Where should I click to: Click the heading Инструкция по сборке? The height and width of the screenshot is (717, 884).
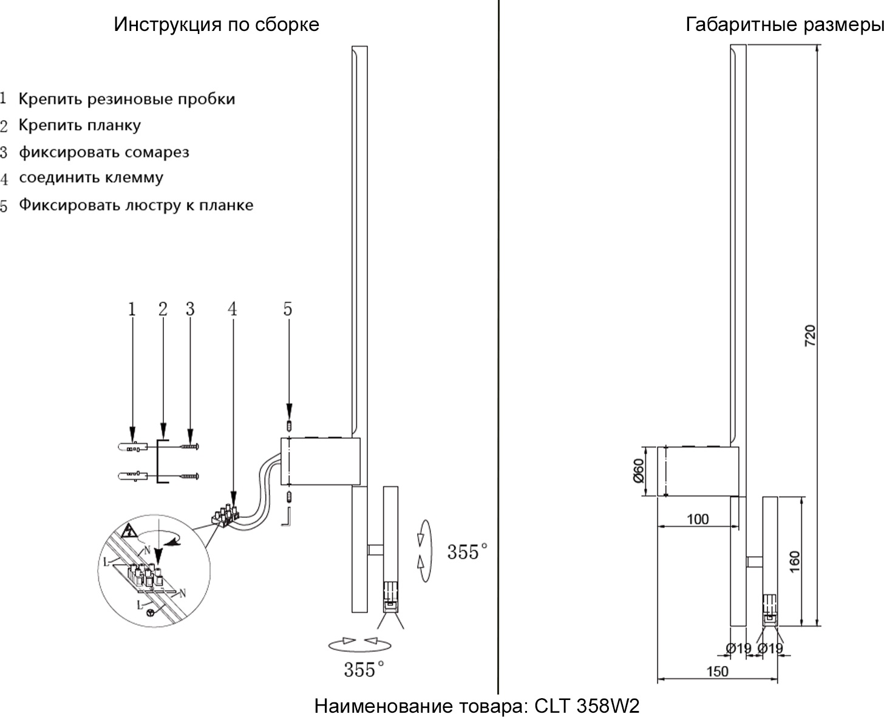point(216,25)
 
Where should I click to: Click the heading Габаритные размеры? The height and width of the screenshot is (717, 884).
point(784,25)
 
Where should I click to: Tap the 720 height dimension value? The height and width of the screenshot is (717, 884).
point(810,336)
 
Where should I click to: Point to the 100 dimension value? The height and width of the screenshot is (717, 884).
point(698,519)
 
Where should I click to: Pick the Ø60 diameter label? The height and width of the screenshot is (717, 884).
point(638,471)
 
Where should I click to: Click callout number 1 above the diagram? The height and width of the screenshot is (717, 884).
point(132,309)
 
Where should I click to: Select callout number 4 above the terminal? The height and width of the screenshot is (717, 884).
point(233,309)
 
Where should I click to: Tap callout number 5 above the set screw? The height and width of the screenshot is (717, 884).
point(287,309)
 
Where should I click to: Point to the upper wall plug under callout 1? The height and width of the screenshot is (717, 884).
point(131,447)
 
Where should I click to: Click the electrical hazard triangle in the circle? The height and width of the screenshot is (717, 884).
point(128,532)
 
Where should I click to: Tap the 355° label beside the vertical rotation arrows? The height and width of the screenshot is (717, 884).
point(467,552)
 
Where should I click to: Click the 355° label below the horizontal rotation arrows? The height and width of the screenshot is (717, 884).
point(364,670)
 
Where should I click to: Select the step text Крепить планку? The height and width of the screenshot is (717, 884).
point(80,126)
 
